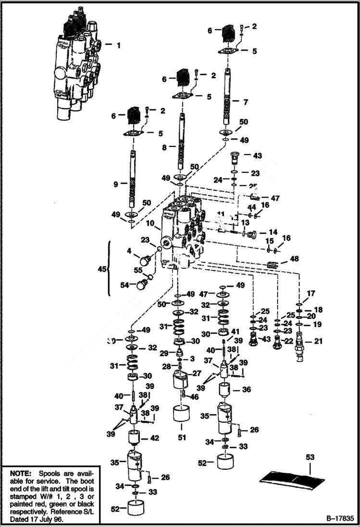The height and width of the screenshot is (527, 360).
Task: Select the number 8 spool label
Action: [164, 148]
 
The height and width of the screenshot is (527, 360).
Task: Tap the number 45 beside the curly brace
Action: [101, 270]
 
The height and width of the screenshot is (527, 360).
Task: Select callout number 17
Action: [311, 293]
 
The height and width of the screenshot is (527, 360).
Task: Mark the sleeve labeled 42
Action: [132, 439]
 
